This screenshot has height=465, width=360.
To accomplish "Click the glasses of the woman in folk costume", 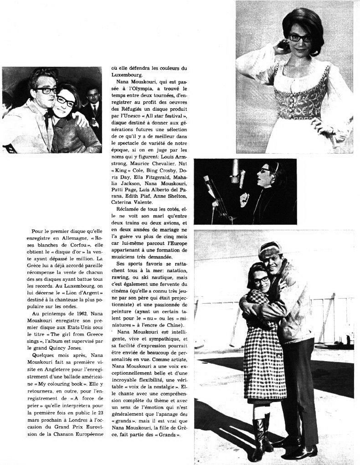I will pyautogui.click(x=300, y=37).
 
